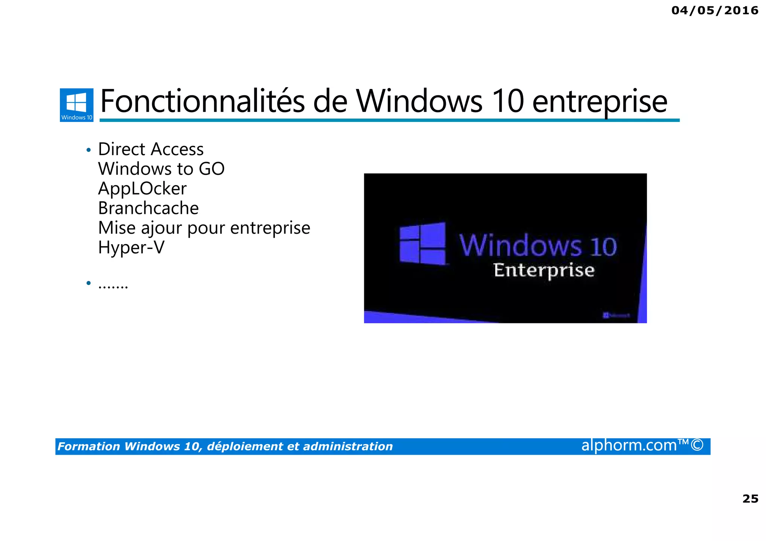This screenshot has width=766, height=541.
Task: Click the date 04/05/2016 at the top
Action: [x=714, y=10]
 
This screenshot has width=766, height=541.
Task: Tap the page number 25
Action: [x=750, y=499]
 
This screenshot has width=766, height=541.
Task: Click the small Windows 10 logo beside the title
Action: [x=77, y=105]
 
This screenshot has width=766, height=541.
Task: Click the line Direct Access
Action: [x=151, y=149]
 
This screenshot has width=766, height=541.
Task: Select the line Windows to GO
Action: [x=161, y=169]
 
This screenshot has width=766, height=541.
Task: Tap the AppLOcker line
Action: [x=142, y=188]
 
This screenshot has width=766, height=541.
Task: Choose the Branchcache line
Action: [x=148, y=208]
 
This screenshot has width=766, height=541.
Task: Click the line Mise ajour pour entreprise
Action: [x=204, y=228]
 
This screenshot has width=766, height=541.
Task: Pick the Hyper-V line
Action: [x=131, y=248]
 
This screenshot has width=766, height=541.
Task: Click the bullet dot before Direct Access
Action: [x=88, y=150]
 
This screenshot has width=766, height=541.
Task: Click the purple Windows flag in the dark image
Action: [x=422, y=243]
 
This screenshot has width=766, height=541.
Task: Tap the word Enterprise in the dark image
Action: [x=543, y=270]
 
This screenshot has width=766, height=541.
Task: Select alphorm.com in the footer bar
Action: [x=629, y=446]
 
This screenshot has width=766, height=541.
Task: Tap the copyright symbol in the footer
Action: [x=697, y=446]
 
